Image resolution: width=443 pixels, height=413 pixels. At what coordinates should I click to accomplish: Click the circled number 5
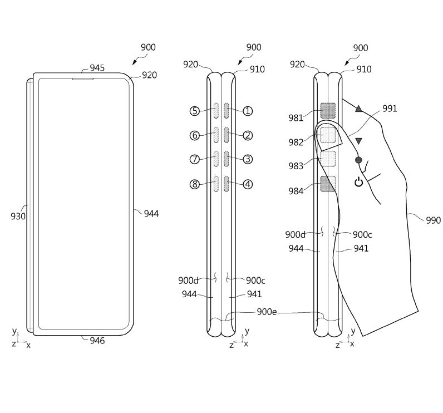[x=194, y=111]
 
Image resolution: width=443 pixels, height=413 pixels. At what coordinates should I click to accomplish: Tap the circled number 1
[x=248, y=111]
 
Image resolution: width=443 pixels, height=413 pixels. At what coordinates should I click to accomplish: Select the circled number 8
[x=194, y=184]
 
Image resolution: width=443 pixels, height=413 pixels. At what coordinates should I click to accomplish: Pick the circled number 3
[x=248, y=159]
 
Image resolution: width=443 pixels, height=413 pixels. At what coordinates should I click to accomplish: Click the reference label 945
[x=97, y=68]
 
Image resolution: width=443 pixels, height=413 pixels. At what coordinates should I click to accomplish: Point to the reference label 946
[x=97, y=341]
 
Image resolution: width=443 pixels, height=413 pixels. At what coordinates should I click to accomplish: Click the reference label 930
[x=18, y=216]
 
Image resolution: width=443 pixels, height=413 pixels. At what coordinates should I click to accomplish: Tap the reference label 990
[x=433, y=220]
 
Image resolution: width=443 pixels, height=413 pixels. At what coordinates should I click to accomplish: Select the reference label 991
[x=390, y=109]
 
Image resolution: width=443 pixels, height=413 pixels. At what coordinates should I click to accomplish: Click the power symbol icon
[x=359, y=181]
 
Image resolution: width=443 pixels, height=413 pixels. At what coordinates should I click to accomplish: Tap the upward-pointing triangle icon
[x=358, y=109]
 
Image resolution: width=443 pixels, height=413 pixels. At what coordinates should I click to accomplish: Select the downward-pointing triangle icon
[x=358, y=141]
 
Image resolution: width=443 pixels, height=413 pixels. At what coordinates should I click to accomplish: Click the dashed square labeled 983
[x=329, y=159]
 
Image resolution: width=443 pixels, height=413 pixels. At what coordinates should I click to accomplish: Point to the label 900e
[x=266, y=312]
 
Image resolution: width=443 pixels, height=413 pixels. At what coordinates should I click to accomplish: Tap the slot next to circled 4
[x=227, y=184]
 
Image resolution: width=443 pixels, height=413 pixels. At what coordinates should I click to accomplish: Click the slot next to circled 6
[x=216, y=135]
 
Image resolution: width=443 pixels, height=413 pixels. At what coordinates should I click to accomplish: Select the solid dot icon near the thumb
[x=358, y=160]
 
